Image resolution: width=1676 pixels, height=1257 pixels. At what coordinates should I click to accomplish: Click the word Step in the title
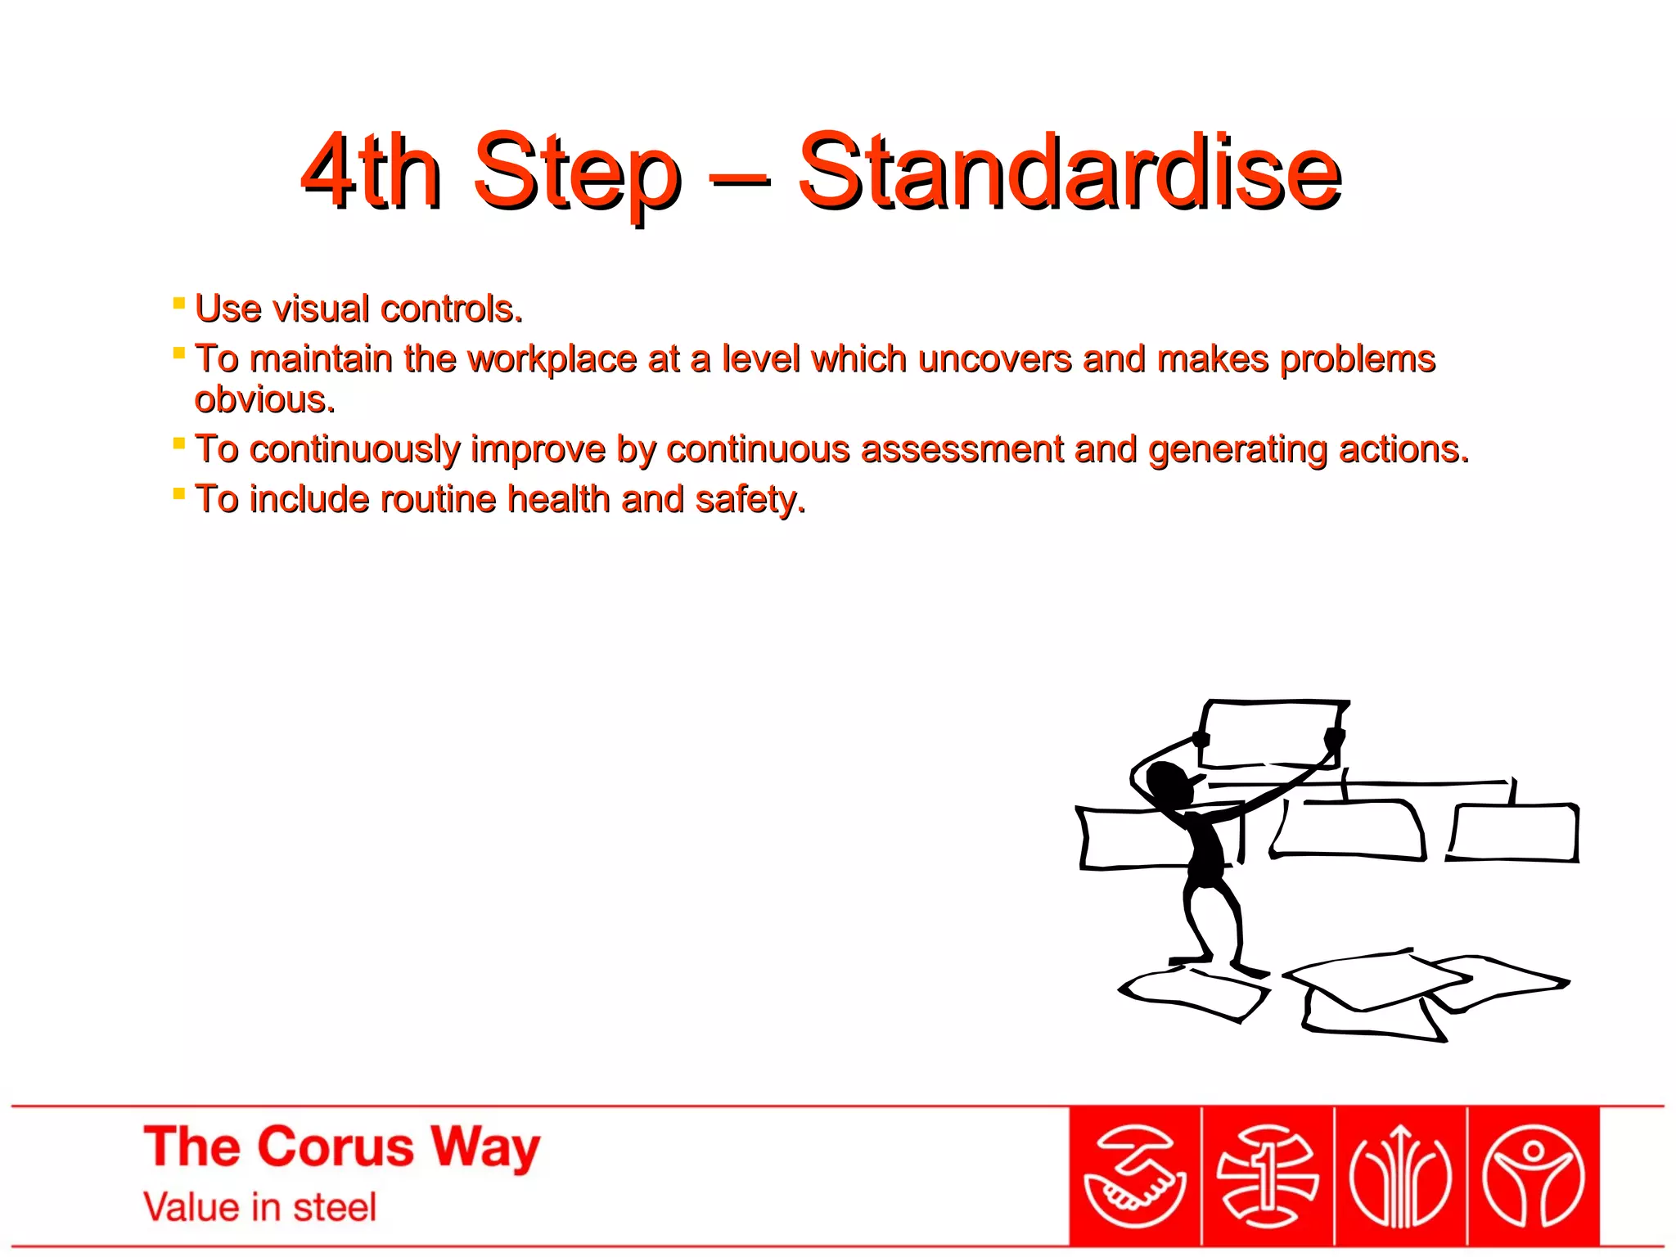[576, 172]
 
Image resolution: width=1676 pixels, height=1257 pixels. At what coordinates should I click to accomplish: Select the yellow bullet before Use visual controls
[179, 304]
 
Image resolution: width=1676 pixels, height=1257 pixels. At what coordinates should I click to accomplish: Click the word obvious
[264, 400]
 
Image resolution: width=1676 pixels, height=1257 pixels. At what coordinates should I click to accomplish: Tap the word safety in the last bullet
[749, 499]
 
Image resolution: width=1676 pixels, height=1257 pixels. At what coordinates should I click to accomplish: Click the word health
[558, 499]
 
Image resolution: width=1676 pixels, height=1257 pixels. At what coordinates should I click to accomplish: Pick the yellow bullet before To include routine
[179, 493]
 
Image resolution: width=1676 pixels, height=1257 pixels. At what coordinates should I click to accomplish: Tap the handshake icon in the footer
[1134, 1177]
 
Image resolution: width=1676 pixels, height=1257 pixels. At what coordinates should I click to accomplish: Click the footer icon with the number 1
[1268, 1177]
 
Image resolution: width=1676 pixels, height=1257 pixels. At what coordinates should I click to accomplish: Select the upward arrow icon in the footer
[1400, 1177]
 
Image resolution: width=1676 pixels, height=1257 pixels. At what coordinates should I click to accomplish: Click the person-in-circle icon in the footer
[1534, 1177]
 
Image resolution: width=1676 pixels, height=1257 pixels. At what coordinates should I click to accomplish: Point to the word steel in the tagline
[335, 1208]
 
